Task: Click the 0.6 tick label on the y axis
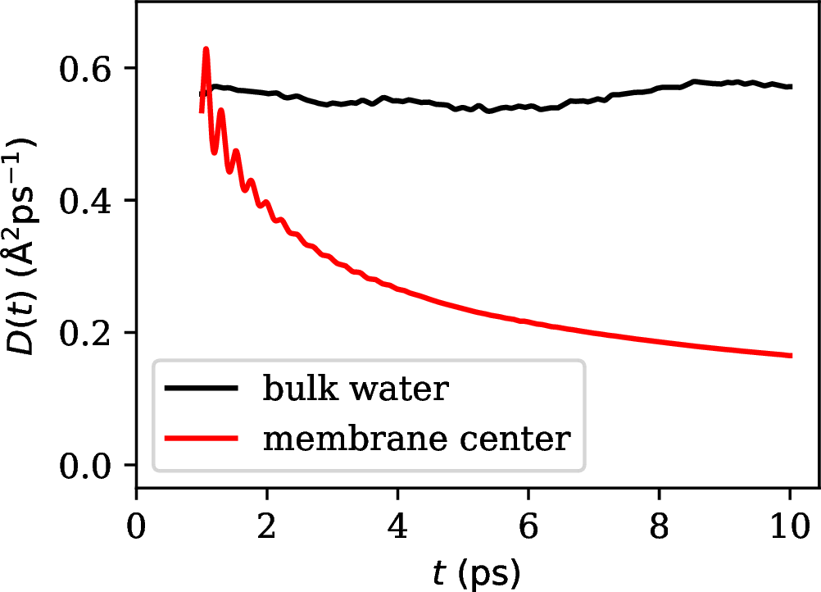click(88, 69)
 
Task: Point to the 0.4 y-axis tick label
click(88, 201)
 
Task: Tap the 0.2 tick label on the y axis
click(88, 334)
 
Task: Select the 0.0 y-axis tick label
click(88, 466)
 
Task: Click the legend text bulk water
click(356, 389)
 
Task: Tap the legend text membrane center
click(415, 439)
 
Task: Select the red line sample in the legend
click(202, 440)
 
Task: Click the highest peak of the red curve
click(206, 50)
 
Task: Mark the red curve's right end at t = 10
click(790, 355)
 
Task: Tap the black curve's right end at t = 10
click(790, 86)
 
